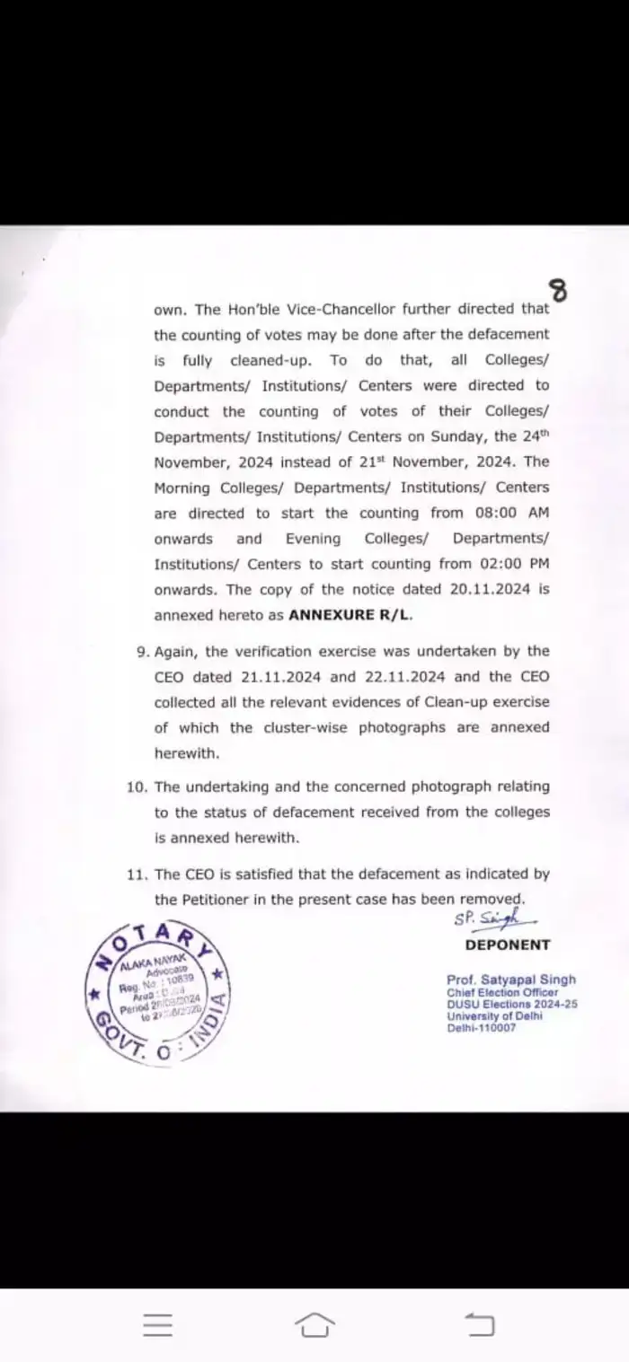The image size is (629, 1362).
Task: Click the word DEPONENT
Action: (508, 945)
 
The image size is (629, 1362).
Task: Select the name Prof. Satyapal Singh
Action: (511, 980)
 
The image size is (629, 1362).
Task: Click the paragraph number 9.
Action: (143, 651)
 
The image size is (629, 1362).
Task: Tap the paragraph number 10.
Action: (137, 786)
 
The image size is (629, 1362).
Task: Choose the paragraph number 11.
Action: (137, 874)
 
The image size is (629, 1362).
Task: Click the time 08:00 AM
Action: (507, 513)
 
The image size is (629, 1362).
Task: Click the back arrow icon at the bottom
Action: (479, 1324)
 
